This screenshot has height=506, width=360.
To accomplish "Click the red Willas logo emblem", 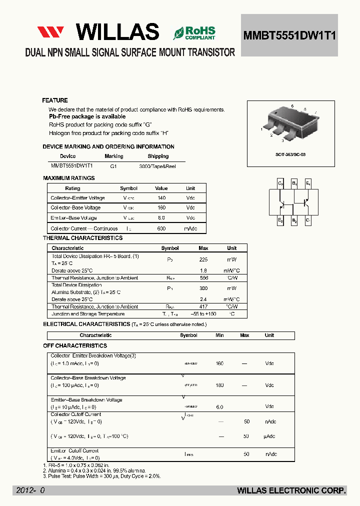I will click(x=50, y=32).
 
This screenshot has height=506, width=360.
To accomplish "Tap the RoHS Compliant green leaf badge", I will click(x=194, y=33).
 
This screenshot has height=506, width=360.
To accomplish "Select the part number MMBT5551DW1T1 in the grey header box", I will click(x=289, y=35).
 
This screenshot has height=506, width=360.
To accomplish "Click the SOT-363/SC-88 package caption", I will click(x=290, y=154).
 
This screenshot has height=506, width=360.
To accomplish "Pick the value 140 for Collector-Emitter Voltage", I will click(x=161, y=198).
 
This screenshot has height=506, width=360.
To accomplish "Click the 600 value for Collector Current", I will click(x=161, y=228).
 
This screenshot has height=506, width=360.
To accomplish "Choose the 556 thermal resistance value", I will click(x=203, y=277).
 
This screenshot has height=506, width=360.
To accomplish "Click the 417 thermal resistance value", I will click(x=203, y=306).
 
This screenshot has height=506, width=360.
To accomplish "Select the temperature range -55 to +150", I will click(x=203, y=314).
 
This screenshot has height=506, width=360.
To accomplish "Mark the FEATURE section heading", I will click(x=55, y=100).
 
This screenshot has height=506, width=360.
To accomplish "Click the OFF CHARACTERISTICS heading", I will click(x=75, y=345).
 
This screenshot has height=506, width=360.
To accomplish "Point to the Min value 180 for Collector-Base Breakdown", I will click(x=219, y=385).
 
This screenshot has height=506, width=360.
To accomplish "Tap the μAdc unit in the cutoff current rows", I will click(x=269, y=436).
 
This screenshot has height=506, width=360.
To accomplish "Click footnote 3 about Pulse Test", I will click(x=102, y=476).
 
